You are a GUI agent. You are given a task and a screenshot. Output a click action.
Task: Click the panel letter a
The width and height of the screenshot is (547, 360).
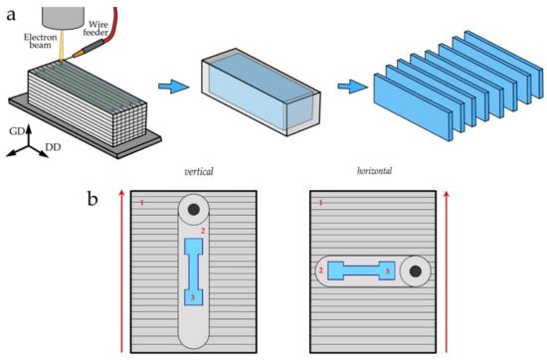[11, 15]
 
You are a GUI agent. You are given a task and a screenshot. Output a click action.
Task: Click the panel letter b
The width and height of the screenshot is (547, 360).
[91, 199]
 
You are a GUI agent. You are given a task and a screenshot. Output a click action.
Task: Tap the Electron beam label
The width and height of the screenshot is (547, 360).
[40, 41]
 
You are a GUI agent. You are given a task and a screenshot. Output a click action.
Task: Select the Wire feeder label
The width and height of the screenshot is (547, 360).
[97, 28]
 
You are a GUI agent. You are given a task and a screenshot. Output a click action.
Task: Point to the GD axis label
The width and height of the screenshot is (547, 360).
[16, 131]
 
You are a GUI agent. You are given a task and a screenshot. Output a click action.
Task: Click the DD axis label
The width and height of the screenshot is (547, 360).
[53, 147]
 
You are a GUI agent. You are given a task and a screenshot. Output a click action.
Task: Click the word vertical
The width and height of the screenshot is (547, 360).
[199, 171]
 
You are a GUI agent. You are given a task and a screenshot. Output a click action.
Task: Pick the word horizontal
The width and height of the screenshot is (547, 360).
[374, 171]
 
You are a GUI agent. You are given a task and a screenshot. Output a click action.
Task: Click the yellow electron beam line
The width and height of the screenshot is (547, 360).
[62, 45]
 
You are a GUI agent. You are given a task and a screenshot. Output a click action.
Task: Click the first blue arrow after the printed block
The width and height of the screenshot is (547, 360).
[174, 87]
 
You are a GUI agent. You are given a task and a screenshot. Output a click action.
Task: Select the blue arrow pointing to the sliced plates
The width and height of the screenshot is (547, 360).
[353, 87]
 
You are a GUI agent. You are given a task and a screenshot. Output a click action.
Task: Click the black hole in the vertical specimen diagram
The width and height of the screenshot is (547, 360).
[194, 210]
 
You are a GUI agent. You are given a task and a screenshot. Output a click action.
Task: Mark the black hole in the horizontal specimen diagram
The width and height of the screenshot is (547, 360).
[415, 271]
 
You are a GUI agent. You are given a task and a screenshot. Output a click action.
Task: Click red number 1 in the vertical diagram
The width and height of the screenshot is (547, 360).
[141, 202]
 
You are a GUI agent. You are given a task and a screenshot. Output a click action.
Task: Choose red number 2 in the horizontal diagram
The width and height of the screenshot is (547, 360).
[320, 270]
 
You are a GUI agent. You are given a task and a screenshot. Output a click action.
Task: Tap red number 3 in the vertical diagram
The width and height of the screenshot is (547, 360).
[192, 297]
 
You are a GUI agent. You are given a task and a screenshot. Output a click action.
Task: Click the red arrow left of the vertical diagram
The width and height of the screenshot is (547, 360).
[121, 270]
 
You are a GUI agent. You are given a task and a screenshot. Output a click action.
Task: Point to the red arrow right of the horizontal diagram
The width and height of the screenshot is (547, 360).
[447, 270]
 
